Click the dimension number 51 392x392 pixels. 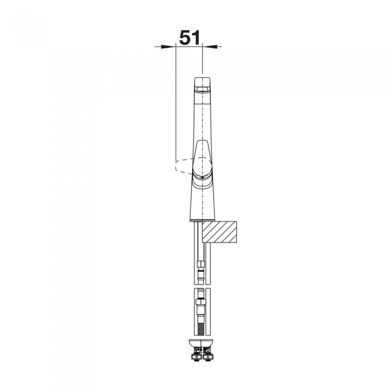(190, 38)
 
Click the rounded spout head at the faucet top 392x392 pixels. (202, 85)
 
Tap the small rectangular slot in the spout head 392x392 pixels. (202, 89)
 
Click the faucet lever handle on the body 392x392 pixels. (202, 158)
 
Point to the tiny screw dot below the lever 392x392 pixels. (202, 178)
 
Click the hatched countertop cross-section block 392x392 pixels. (220, 232)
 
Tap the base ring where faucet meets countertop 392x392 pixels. (202, 220)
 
